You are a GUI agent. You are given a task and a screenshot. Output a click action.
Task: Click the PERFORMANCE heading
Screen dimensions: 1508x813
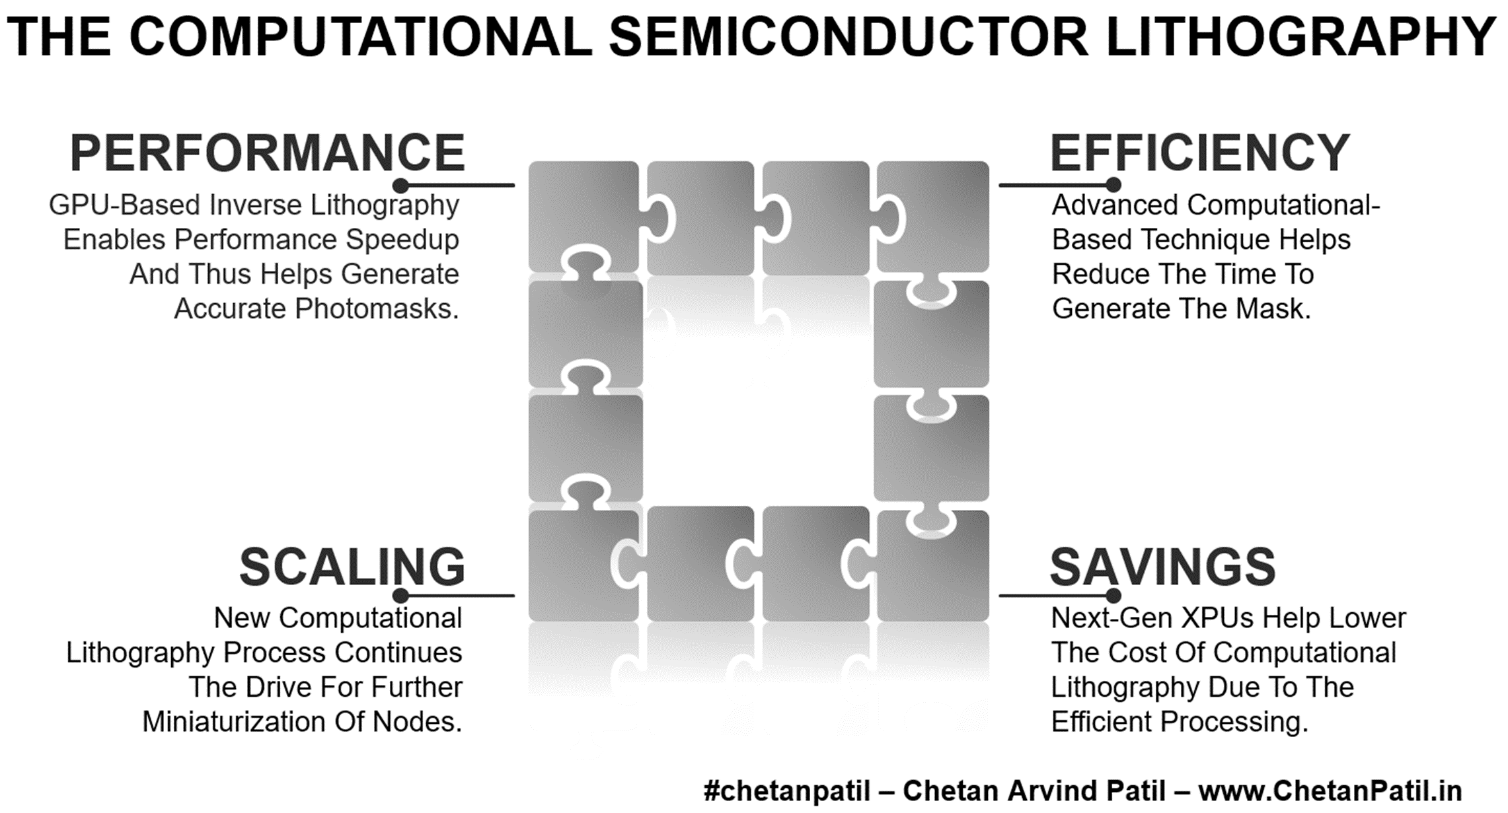point(268,153)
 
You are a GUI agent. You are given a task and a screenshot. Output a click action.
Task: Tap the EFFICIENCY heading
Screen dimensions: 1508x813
point(1200,153)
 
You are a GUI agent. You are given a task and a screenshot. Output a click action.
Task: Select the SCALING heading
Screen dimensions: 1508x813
point(352,567)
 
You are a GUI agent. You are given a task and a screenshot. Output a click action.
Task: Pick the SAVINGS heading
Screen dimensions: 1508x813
point(1163,567)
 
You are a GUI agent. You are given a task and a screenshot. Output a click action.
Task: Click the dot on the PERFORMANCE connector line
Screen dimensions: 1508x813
point(400,185)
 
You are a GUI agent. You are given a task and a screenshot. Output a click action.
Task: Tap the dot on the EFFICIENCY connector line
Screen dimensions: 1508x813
point(1113,185)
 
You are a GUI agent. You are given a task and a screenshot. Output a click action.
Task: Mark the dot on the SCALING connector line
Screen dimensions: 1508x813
point(400,596)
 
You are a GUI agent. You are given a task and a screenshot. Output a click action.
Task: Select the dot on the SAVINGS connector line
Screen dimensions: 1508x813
point(1113,596)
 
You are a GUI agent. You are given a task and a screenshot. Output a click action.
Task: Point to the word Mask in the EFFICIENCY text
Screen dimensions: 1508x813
point(1273,309)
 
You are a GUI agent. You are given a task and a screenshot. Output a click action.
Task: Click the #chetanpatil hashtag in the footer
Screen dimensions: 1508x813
point(786,791)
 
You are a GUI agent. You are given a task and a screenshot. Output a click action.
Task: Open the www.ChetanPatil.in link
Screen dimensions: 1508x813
point(1330,791)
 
